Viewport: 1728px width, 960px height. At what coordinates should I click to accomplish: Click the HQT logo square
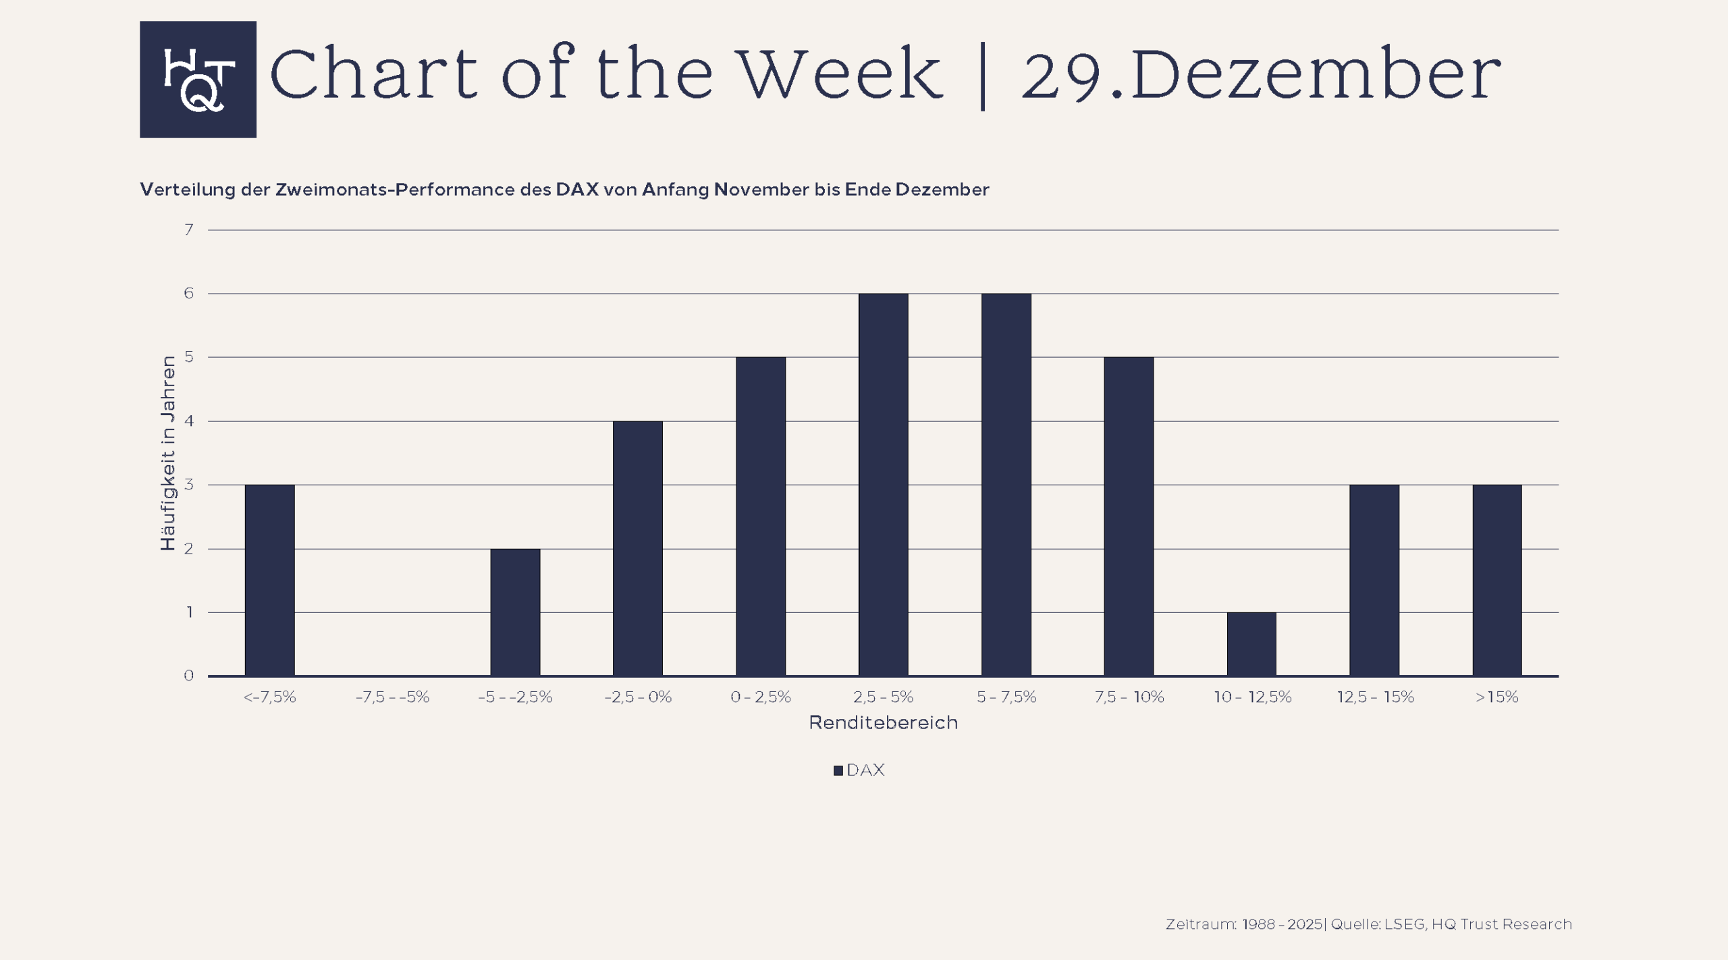point(198,79)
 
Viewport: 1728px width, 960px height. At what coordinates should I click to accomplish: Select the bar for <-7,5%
point(269,580)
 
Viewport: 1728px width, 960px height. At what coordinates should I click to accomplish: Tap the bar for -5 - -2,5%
point(515,612)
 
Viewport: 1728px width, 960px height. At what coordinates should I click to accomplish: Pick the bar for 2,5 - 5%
point(883,484)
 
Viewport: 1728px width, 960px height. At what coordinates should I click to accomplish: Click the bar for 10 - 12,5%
point(1251,643)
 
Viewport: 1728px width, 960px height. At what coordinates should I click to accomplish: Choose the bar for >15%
point(1496,580)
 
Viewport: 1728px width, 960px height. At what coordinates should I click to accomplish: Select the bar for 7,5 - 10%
point(1129,516)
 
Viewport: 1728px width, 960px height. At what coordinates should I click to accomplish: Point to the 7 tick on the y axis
point(189,230)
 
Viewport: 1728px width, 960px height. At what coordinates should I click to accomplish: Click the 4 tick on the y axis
point(189,421)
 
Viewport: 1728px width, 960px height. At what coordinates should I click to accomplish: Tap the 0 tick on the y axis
point(189,676)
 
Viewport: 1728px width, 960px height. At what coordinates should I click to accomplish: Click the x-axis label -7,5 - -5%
point(392,697)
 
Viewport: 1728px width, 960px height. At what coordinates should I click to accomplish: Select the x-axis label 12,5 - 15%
point(1375,697)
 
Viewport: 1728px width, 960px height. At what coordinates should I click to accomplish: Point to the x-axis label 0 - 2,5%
point(760,697)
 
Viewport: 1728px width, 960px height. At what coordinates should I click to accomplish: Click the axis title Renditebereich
point(883,723)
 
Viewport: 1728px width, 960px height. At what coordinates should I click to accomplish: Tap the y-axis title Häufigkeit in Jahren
point(168,453)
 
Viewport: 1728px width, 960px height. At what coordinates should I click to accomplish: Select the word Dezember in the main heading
point(1316,74)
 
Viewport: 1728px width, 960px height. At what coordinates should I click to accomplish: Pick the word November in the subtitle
point(761,190)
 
